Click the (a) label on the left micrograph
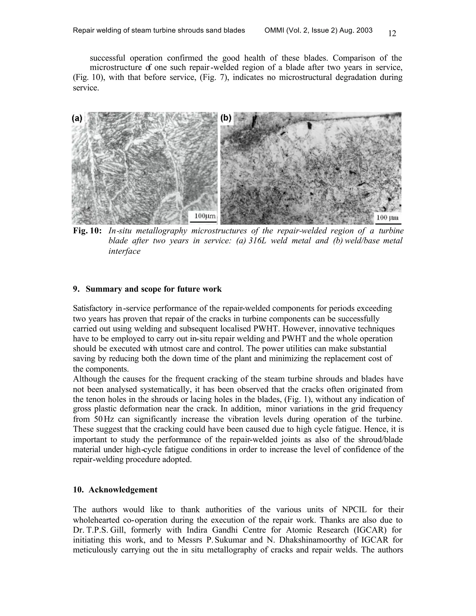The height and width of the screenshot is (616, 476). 77,118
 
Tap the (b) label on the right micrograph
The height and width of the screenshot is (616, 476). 226,118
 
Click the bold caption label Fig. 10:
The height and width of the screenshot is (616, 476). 87,231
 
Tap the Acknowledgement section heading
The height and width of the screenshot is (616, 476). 123,490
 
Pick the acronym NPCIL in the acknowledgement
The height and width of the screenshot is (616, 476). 354,510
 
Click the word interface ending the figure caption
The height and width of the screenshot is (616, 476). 124,251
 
